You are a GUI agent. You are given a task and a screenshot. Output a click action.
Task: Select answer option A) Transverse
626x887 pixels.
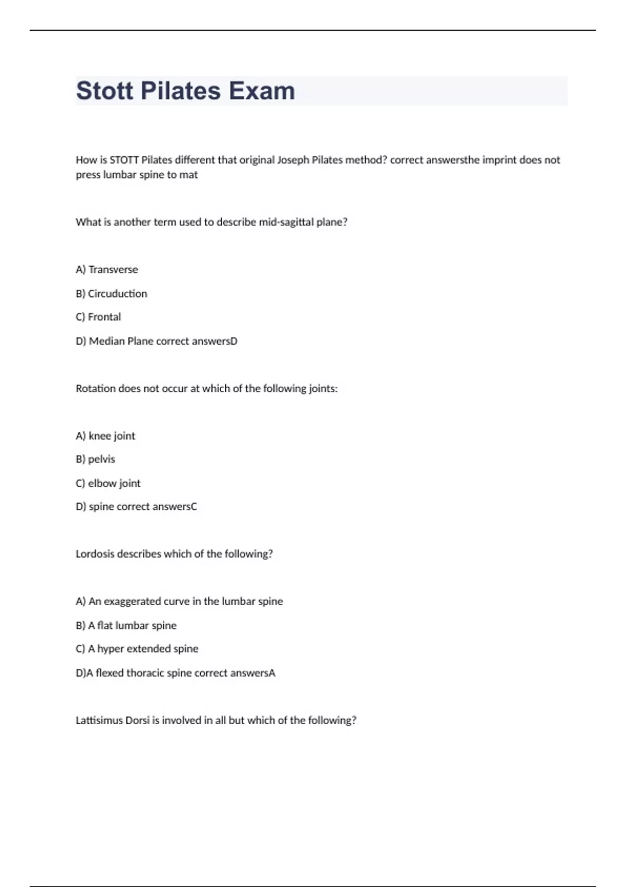107,270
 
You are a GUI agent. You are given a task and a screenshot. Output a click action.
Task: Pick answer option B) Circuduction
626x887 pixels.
111,294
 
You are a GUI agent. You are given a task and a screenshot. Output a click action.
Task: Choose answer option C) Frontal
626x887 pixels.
98,317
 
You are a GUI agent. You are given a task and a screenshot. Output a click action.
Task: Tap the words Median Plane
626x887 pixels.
121,341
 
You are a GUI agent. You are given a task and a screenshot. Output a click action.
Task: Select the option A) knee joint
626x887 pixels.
105,436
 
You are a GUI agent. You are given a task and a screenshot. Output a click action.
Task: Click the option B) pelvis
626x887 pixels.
95,460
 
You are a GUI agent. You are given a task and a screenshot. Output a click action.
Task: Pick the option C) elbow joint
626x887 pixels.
108,484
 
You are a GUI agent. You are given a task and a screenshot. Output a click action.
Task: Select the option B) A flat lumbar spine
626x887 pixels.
126,626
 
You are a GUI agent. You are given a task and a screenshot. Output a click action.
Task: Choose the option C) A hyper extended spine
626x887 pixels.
137,649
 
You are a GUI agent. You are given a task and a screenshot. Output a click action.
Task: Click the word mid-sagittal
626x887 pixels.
286,222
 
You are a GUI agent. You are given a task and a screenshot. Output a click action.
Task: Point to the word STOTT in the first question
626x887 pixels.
124,160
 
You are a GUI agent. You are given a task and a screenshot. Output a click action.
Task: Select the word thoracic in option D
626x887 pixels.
145,673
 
